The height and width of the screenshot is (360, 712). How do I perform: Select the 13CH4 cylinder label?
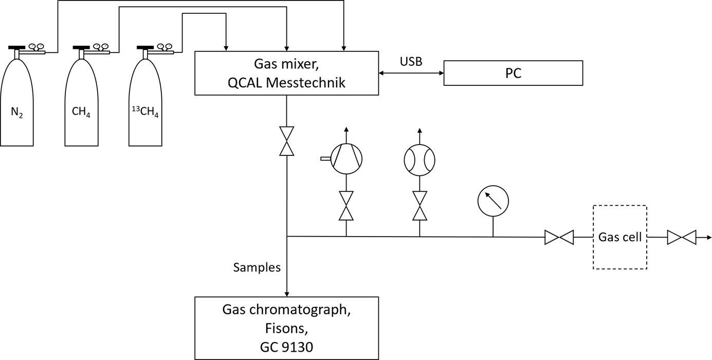point(144,111)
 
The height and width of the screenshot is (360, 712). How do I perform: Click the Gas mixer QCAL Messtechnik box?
point(286,73)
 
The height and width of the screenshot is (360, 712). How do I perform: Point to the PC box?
point(513,73)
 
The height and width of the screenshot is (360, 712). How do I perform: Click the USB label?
point(411,62)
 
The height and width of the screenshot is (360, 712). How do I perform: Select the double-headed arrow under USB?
point(411,74)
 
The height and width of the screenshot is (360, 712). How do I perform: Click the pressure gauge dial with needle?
point(492,201)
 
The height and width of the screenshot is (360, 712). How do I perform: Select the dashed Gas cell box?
point(619,237)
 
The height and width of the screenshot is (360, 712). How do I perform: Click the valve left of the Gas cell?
point(559,237)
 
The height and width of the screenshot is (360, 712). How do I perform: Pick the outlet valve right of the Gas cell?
point(681,237)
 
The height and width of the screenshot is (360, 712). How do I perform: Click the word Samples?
point(257,267)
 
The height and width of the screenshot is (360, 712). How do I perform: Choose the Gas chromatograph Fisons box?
point(286,328)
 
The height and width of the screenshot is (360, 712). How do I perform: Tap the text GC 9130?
point(286,347)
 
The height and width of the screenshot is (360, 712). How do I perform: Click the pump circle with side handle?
point(346,158)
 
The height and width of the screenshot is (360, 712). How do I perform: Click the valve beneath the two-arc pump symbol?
point(419,206)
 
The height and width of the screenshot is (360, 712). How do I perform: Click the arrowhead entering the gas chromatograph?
point(286,293)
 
